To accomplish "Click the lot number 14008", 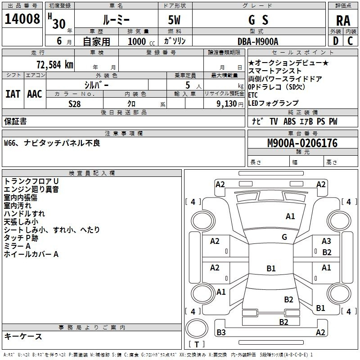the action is click(22, 19).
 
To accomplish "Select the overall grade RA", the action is click(343, 21).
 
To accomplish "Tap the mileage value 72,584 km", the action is click(55, 65).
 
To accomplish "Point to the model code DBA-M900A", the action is click(258, 41).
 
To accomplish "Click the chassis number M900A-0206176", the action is click(302, 143).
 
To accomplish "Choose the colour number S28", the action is click(75, 104).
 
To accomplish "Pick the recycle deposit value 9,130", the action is click(226, 104).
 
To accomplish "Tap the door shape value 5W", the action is click(174, 20).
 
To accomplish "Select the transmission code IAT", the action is click(13, 94).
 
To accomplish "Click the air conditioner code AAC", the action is click(35, 94).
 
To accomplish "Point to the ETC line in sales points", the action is click(253, 95).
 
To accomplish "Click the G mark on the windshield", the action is click(284, 237).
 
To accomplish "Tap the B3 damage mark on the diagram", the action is click(221, 332).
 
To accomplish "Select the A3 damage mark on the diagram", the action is click(326, 241).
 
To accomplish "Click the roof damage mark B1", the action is click(271, 268).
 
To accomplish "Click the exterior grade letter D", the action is click(336, 41).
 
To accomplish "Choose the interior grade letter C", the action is click(350, 41).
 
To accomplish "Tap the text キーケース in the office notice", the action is click(23, 336).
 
